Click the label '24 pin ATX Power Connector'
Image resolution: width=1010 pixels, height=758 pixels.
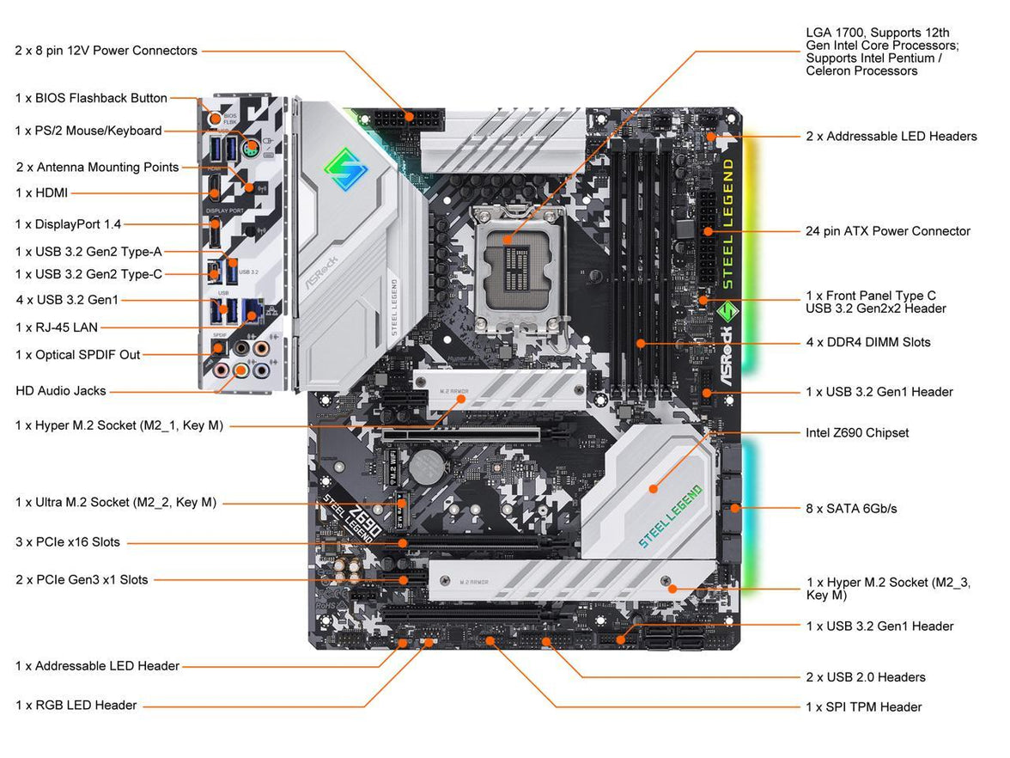point(888,231)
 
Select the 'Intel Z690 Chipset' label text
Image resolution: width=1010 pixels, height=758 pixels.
point(857,433)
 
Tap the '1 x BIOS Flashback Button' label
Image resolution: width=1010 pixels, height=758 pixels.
point(91,98)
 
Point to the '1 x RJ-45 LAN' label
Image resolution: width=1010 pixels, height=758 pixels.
point(57,327)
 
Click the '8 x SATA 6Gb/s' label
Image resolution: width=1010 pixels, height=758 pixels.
point(851,509)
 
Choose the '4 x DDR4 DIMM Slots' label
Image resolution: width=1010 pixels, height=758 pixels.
point(867,342)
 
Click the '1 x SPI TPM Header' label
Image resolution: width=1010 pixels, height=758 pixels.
point(863,707)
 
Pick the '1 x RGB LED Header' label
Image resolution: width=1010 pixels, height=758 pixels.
point(76,706)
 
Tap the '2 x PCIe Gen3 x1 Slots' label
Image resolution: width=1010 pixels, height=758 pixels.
point(82,580)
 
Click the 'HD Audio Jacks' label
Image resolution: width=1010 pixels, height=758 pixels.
point(61,391)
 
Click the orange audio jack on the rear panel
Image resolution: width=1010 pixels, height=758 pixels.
point(242,370)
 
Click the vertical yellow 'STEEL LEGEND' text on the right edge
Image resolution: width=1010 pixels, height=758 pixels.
point(727,223)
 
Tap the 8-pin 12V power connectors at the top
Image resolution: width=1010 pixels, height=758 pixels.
point(408,118)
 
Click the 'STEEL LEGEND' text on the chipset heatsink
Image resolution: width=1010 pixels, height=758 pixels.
point(670,516)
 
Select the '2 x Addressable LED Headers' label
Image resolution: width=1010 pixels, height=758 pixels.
point(891,137)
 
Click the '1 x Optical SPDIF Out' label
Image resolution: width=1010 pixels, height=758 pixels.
point(77,355)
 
